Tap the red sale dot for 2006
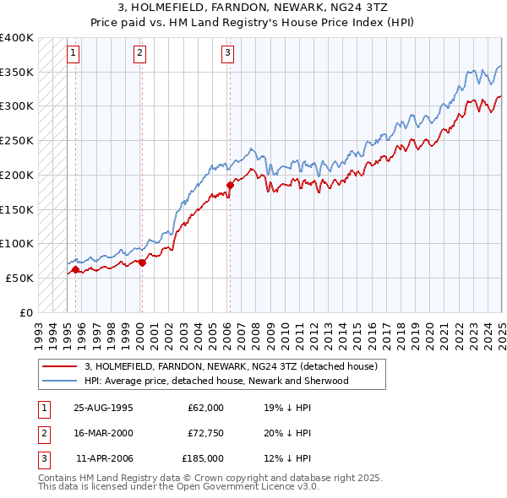point(230,184)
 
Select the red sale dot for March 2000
point(142,263)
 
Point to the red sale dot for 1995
point(76,270)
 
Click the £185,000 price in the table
point(204,458)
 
